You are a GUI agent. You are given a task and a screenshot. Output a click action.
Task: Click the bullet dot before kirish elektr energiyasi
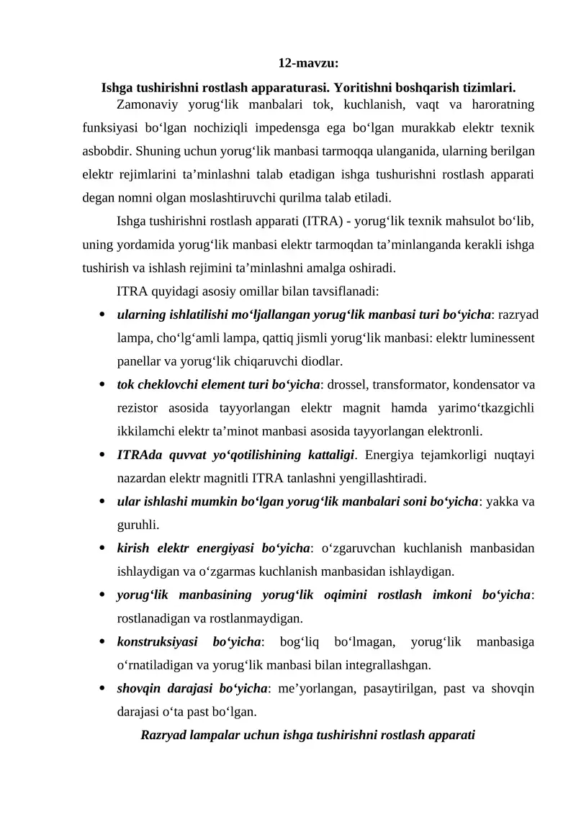pyautogui.click(x=104, y=548)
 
